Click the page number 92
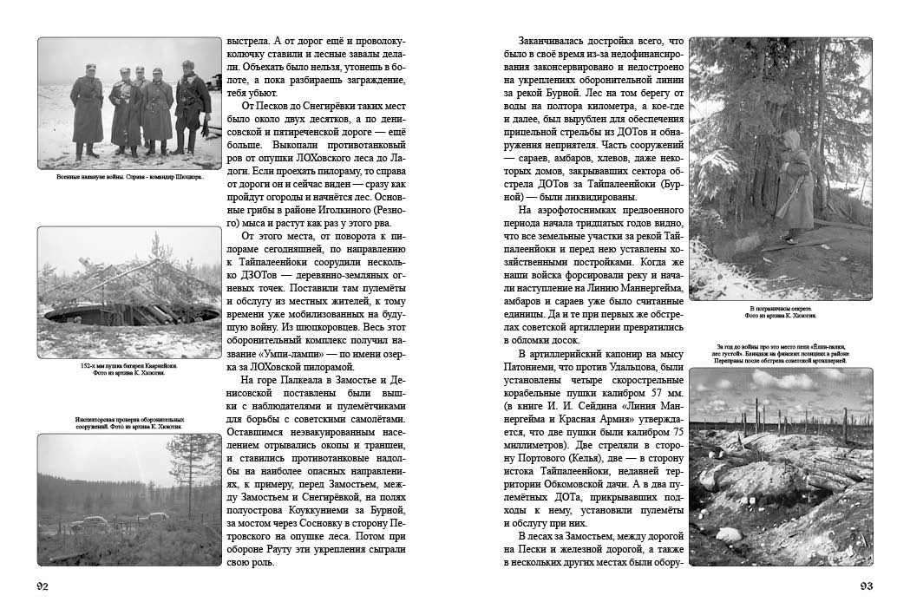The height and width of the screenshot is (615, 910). [x=43, y=586]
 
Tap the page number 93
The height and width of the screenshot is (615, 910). [x=866, y=586]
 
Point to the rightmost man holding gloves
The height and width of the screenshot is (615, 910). [x=190, y=108]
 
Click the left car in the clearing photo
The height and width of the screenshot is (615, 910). [x=86, y=523]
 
